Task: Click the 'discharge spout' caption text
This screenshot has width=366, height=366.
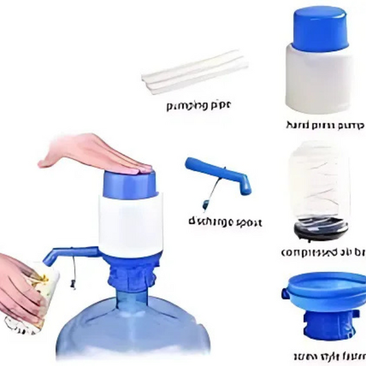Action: pos(225,222)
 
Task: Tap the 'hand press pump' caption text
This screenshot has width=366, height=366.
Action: pos(325,126)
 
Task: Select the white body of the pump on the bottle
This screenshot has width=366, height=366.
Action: pos(130,223)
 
